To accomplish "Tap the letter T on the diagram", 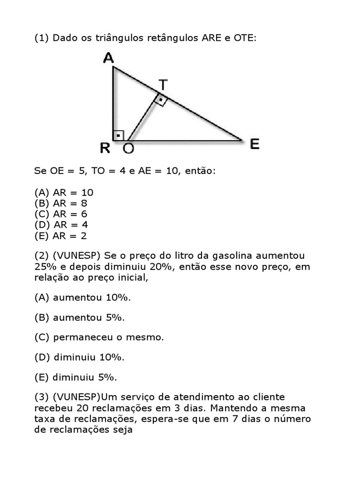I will (x=162, y=85).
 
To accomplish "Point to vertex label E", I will (x=255, y=144).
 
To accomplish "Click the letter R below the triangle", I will (x=105, y=149).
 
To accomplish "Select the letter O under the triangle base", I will (x=128, y=149).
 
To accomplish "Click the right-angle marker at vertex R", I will (x=119, y=135).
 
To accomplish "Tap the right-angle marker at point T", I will (x=160, y=100).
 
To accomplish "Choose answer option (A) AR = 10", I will (x=64, y=192).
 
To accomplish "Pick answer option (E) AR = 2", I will (x=60, y=236).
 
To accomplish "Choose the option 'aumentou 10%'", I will (x=82, y=298).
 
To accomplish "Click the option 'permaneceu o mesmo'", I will (x=99, y=337).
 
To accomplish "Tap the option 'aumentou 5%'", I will (x=80, y=317).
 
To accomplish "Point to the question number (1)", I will (x=42, y=38).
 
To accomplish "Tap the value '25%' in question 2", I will (x=45, y=267).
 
